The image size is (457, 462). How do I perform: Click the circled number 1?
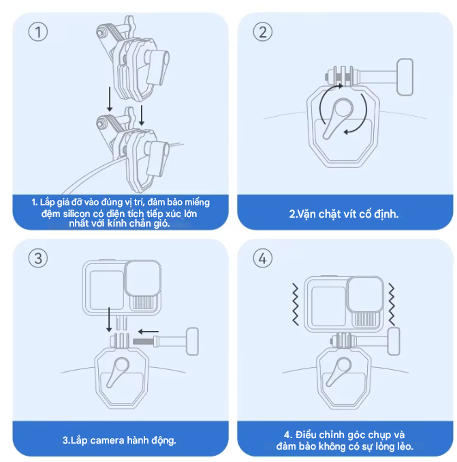[38, 32]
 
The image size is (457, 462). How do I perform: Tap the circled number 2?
[262, 32]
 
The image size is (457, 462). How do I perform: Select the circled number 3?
[38, 258]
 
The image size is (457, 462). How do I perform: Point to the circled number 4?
[262, 258]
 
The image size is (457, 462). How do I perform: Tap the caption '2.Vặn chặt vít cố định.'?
[343, 214]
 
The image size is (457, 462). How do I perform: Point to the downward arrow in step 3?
[109, 321]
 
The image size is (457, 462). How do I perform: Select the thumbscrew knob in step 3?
[191, 339]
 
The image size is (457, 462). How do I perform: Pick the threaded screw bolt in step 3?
[146, 339]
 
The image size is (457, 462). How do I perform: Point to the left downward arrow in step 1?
[109, 99]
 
